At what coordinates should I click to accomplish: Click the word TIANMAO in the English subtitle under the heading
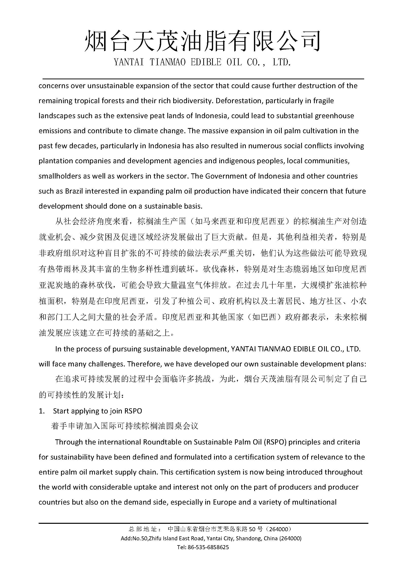point(167,62)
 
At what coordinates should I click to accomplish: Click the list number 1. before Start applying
point(42,411)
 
